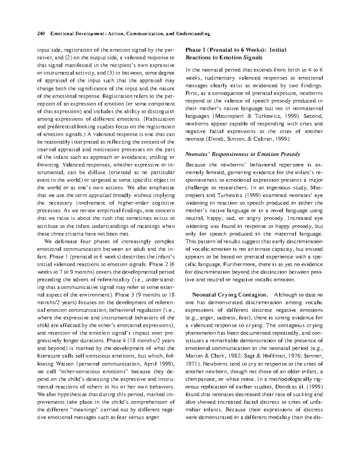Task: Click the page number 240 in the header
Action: tap(40, 34)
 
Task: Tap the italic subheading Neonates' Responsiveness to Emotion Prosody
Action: tap(243, 154)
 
